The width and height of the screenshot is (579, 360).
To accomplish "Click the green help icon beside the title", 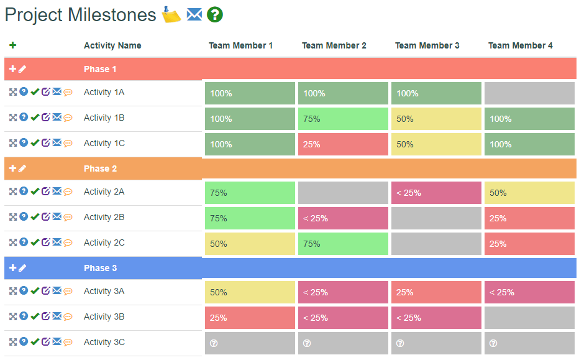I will [214, 15].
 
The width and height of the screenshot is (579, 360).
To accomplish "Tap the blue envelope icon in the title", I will [194, 14].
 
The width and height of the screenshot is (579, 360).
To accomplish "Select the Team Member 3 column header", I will [427, 45].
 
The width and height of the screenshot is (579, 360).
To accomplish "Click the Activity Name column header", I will [112, 45].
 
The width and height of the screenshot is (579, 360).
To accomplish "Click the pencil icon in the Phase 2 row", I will [22, 168].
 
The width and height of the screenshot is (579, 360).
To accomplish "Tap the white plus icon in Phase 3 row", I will [12, 268].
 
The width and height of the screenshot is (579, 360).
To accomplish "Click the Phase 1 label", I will [100, 69].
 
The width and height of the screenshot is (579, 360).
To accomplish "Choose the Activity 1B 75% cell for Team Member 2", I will [343, 119].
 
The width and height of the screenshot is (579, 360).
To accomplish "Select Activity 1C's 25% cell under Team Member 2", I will [343, 144].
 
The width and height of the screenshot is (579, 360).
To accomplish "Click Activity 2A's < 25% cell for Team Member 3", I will [436, 193].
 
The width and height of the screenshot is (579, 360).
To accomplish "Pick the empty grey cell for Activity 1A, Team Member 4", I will [529, 93].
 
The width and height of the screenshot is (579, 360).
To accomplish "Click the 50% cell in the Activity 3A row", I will [250, 292].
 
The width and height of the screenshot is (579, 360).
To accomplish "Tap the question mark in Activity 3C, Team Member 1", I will [214, 343].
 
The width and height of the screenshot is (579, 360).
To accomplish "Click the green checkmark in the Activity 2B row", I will [35, 217].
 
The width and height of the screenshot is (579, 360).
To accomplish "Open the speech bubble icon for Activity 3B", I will [68, 317].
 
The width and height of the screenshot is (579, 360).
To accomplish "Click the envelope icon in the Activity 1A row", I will [57, 92].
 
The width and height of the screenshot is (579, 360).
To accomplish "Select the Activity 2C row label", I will [104, 242].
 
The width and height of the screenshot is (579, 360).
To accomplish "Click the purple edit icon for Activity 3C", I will [45, 341].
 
